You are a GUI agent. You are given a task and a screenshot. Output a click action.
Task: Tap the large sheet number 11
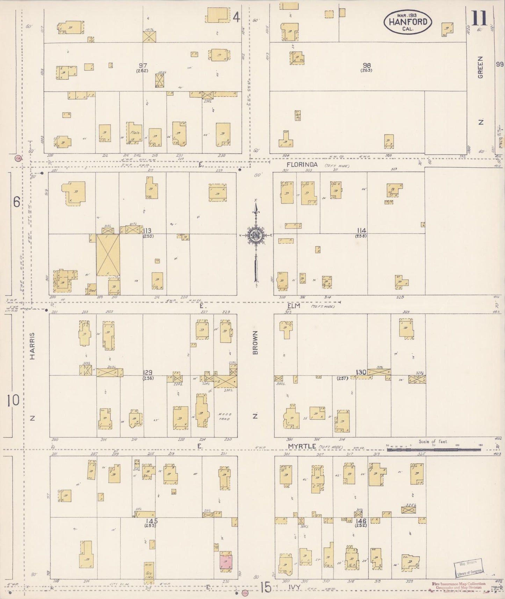(x=479, y=18)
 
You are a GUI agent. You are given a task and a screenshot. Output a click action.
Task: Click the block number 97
(x=143, y=65)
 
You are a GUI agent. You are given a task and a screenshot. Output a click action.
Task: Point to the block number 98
(x=366, y=65)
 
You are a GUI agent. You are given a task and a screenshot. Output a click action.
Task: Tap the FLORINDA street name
(x=302, y=165)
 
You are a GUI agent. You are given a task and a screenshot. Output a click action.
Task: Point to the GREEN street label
(x=481, y=67)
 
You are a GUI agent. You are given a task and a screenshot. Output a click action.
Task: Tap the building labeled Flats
(x=134, y=133)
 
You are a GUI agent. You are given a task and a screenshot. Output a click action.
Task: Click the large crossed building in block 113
(x=108, y=255)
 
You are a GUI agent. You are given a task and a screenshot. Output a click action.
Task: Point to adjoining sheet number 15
(x=265, y=587)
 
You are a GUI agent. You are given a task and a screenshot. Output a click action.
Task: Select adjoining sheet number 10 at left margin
(x=13, y=400)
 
